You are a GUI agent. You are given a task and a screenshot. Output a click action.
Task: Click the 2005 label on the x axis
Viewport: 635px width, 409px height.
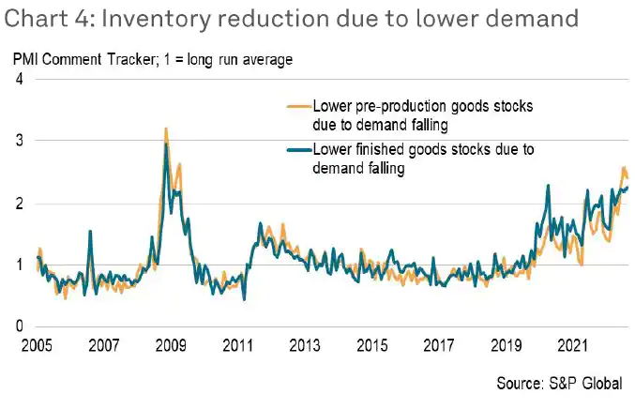(x=37, y=345)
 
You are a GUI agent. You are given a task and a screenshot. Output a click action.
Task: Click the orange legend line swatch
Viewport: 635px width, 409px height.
(x=299, y=106)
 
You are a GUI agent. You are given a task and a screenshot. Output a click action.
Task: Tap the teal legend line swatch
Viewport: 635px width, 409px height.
(x=299, y=148)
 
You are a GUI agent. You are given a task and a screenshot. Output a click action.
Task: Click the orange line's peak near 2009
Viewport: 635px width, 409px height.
(x=166, y=129)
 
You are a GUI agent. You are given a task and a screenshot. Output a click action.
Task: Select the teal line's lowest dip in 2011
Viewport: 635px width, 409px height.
(x=244, y=299)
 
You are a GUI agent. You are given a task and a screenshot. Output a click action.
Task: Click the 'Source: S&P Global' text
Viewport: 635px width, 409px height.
(x=558, y=385)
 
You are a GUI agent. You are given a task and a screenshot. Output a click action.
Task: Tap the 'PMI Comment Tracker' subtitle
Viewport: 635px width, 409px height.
(x=75, y=60)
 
